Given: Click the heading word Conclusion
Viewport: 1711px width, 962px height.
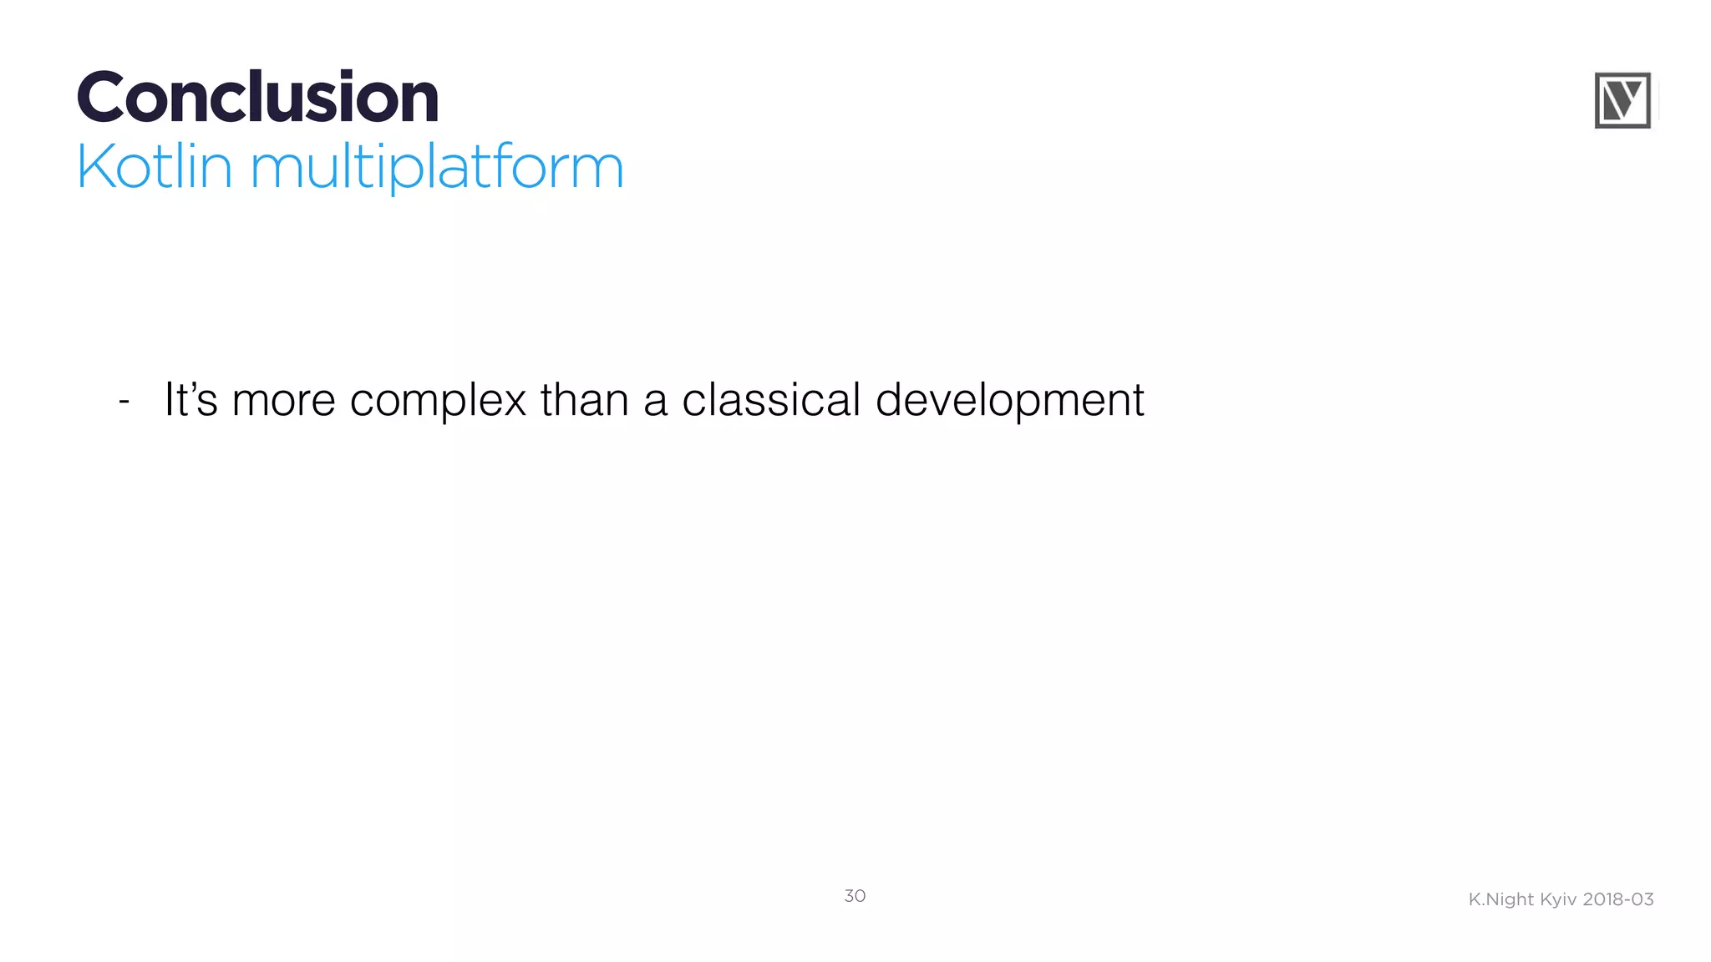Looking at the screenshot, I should [257, 98].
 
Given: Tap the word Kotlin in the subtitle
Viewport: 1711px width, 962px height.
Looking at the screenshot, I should [154, 167].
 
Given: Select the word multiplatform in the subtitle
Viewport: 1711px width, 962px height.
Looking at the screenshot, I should [436, 167].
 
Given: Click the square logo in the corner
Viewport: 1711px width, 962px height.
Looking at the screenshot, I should [1622, 100].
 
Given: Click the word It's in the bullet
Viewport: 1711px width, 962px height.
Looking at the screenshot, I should [190, 399].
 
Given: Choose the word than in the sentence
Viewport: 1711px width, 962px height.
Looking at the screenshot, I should [584, 399].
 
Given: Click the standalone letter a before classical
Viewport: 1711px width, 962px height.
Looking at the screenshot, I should [655, 402].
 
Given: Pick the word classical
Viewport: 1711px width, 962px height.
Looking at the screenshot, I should [770, 399].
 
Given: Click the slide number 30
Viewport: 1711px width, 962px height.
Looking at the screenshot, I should [855, 896].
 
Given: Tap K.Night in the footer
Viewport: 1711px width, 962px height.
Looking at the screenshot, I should [1500, 899].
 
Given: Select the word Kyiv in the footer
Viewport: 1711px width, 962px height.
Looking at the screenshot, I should [1558, 899].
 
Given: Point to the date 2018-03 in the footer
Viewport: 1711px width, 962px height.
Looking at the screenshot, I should [1618, 899].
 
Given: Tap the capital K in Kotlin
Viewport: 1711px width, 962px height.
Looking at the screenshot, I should [94, 167].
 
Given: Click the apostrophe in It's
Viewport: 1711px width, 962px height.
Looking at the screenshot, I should [192, 387].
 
